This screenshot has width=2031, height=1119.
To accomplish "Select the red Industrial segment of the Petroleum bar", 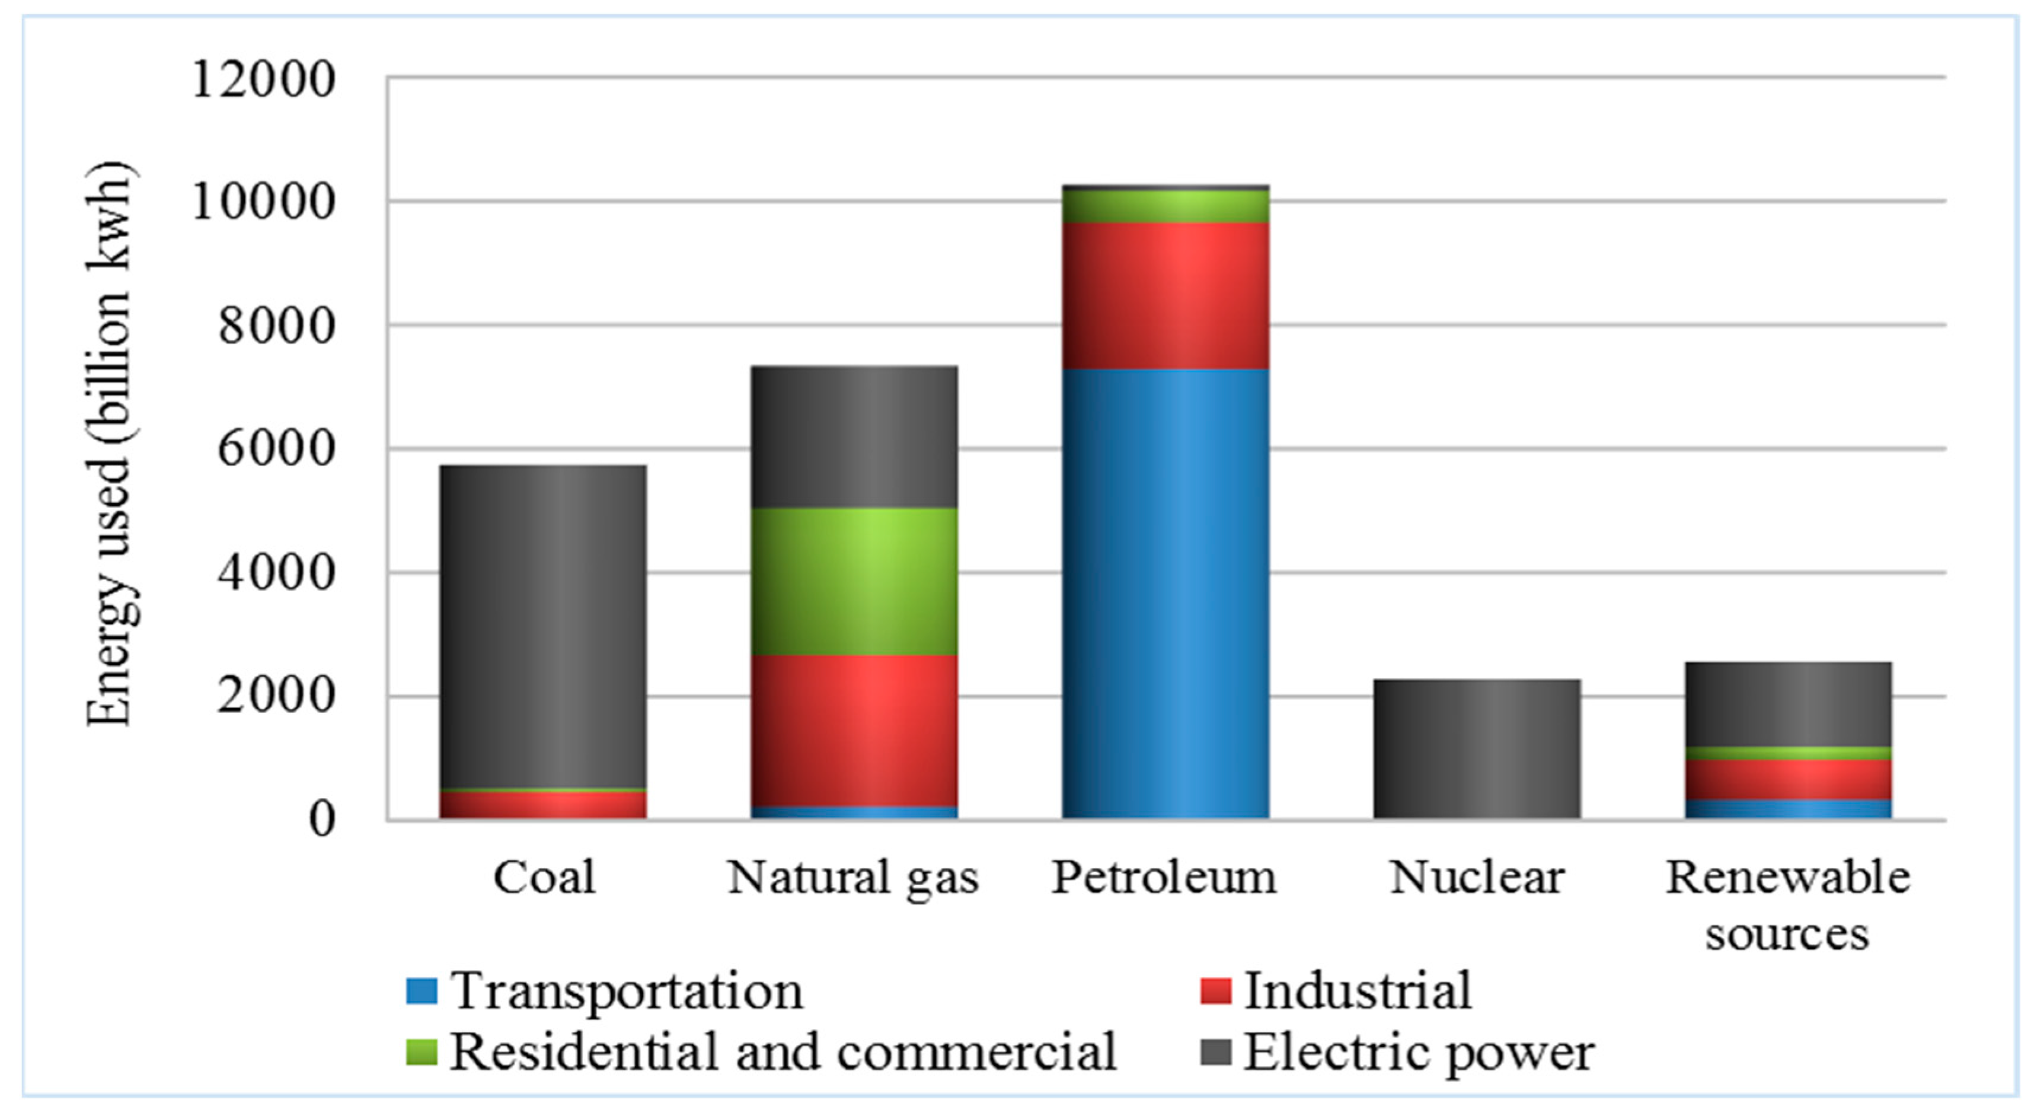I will tap(1165, 296).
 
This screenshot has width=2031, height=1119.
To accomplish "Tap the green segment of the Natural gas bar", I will tap(854, 581).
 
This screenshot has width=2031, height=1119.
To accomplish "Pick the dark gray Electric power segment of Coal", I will tap(542, 626).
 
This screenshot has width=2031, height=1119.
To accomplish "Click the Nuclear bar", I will tap(1477, 748).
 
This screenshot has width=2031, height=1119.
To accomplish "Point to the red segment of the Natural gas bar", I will tap(854, 730).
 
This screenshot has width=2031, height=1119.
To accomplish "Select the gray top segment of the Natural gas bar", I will tap(854, 437).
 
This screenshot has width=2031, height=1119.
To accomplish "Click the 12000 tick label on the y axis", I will tap(263, 79).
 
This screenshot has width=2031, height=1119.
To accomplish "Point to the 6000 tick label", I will tap(276, 449).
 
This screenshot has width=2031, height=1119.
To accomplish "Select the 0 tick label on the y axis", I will tap(322, 820).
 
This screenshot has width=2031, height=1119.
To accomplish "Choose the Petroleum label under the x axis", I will tap(1164, 877).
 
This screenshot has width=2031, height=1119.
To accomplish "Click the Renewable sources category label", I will tap(1787, 904).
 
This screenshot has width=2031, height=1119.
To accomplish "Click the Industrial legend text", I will tap(1357, 990).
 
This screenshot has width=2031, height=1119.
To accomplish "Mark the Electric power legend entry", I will tap(1417, 1052).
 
